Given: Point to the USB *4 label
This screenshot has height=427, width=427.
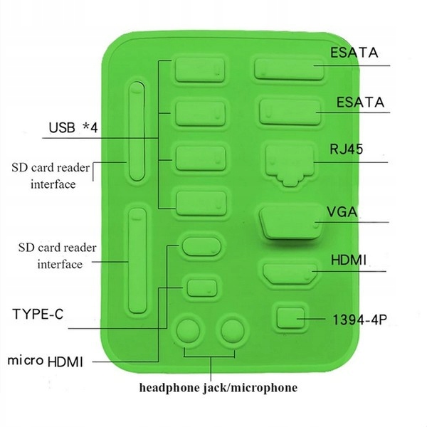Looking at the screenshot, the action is [x=73, y=128].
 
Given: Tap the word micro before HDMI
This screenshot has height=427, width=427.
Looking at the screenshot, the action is [x=26, y=360].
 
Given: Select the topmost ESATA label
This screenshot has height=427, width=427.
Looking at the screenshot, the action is [x=353, y=53].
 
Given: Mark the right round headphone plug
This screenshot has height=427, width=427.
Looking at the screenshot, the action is [x=231, y=331].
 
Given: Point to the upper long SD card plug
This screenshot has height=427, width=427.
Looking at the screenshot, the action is [x=136, y=132].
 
